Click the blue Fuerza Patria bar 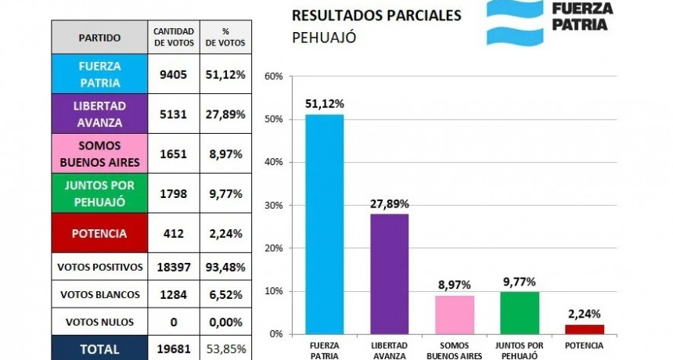(324, 225)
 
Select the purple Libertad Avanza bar (389, 274)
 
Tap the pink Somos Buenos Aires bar (454, 315)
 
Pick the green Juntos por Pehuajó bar (519, 313)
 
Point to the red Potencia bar (584, 329)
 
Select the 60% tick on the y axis (273, 77)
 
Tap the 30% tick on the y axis (273, 205)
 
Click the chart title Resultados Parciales (376, 15)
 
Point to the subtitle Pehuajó (325, 37)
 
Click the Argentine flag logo (514, 21)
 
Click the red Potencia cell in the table (99, 233)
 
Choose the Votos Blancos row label (99, 294)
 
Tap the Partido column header (99, 37)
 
